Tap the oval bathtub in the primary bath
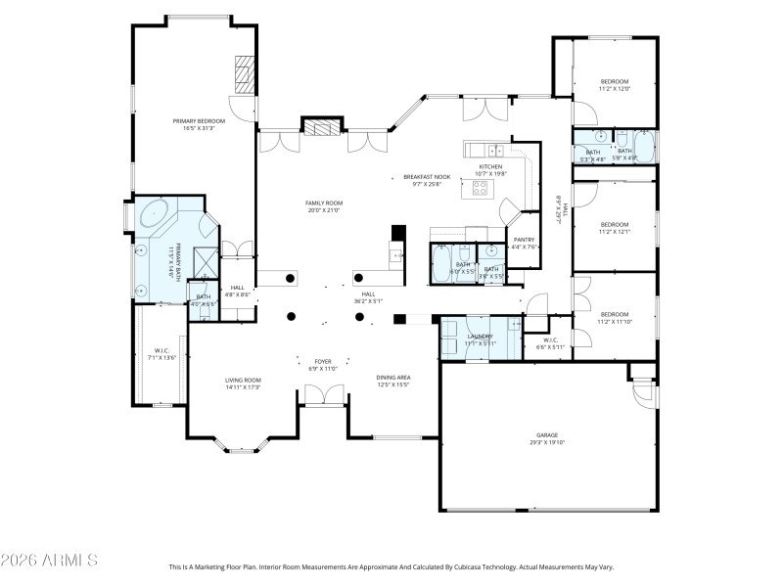coord(156,213)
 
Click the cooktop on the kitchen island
coord(481,187)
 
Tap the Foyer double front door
coord(324,395)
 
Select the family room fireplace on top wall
coord(322,126)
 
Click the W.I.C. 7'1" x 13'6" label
coord(162,354)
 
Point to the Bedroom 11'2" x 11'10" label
coord(614,317)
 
